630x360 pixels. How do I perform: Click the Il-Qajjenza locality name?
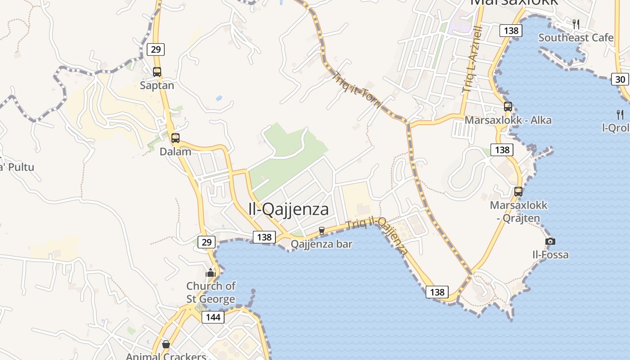click(x=288, y=209)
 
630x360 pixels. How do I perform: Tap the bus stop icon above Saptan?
click(x=157, y=72)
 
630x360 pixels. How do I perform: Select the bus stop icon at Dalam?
click(x=175, y=138)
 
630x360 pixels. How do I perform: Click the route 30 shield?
click(x=620, y=80)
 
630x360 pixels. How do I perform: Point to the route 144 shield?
click(x=213, y=317)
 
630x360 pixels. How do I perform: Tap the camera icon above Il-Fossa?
click(x=550, y=241)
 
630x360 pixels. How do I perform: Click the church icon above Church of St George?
click(x=211, y=272)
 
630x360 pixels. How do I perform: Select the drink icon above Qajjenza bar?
click(x=322, y=230)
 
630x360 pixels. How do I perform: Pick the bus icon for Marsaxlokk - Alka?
click(x=508, y=107)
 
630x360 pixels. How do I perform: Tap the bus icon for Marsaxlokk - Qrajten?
click(x=518, y=191)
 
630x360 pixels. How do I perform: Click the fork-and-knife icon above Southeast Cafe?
click(x=576, y=24)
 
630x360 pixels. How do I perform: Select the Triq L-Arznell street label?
click(x=472, y=59)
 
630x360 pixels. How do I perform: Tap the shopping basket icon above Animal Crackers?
click(x=166, y=344)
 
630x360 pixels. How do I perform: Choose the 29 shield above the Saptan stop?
click(x=156, y=49)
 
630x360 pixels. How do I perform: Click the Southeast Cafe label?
click(x=576, y=37)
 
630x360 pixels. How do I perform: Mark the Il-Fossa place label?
click(x=550, y=255)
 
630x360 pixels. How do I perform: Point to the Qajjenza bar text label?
click(x=321, y=244)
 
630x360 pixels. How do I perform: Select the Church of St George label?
click(x=211, y=292)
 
